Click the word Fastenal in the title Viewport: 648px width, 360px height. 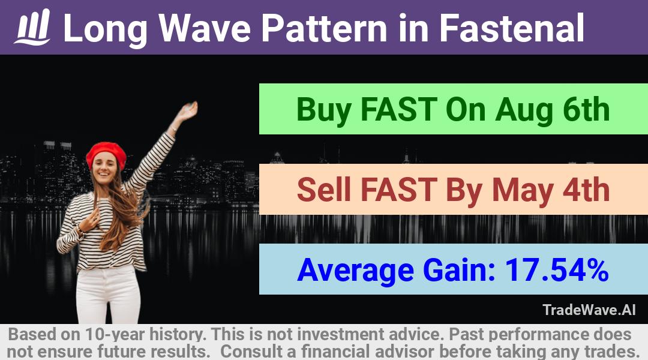pyautogui.click(x=512, y=28)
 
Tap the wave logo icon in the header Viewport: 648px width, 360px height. pyautogui.click(x=32, y=26)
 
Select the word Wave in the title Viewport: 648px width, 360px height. pyautogui.click(x=205, y=28)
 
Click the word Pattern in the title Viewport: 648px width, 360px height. pyautogui.click(x=325, y=28)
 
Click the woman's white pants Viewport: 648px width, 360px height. pyautogui.click(x=108, y=294)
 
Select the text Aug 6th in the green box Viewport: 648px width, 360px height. pyautogui.click(x=553, y=110)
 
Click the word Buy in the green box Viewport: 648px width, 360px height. pyautogui.click(x=324, y=110)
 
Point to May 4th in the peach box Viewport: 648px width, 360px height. pyautogui.click(x=551, y=190)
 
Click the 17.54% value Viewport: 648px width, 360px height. pyautogui.click(x=557, y=269)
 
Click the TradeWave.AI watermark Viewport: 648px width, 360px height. pyautogui.click(x=589, y=310)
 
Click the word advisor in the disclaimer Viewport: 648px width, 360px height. pyautogui.click(x=404, y=352)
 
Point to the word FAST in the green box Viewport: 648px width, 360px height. pyautogui.click(x=399, y=110)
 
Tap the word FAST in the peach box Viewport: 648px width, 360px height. pyautogui.click(x=399, y=190)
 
